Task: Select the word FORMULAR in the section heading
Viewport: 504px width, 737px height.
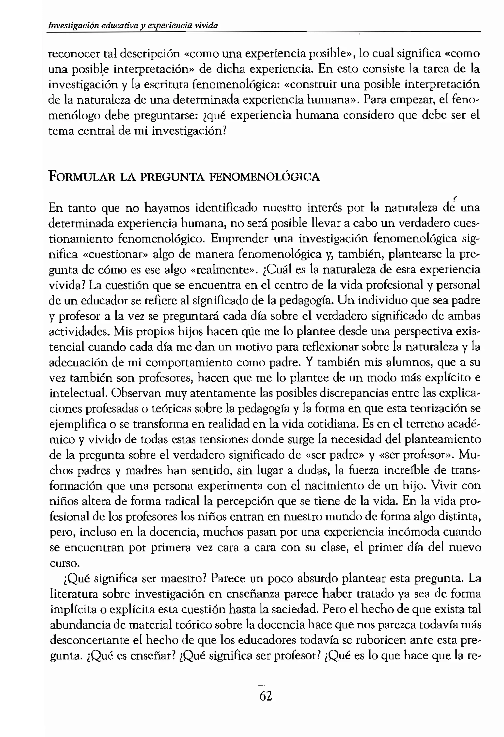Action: coord(82,177)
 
